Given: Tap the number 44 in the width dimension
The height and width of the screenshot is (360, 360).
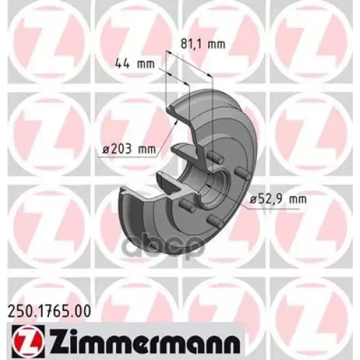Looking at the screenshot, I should [x=125, y=65].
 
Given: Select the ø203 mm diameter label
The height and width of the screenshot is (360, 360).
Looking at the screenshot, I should [x=129, y=150].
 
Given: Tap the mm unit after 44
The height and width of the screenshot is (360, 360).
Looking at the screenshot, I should [x=146, y=65].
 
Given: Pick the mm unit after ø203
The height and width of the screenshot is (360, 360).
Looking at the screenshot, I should [x=147, y=150].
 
